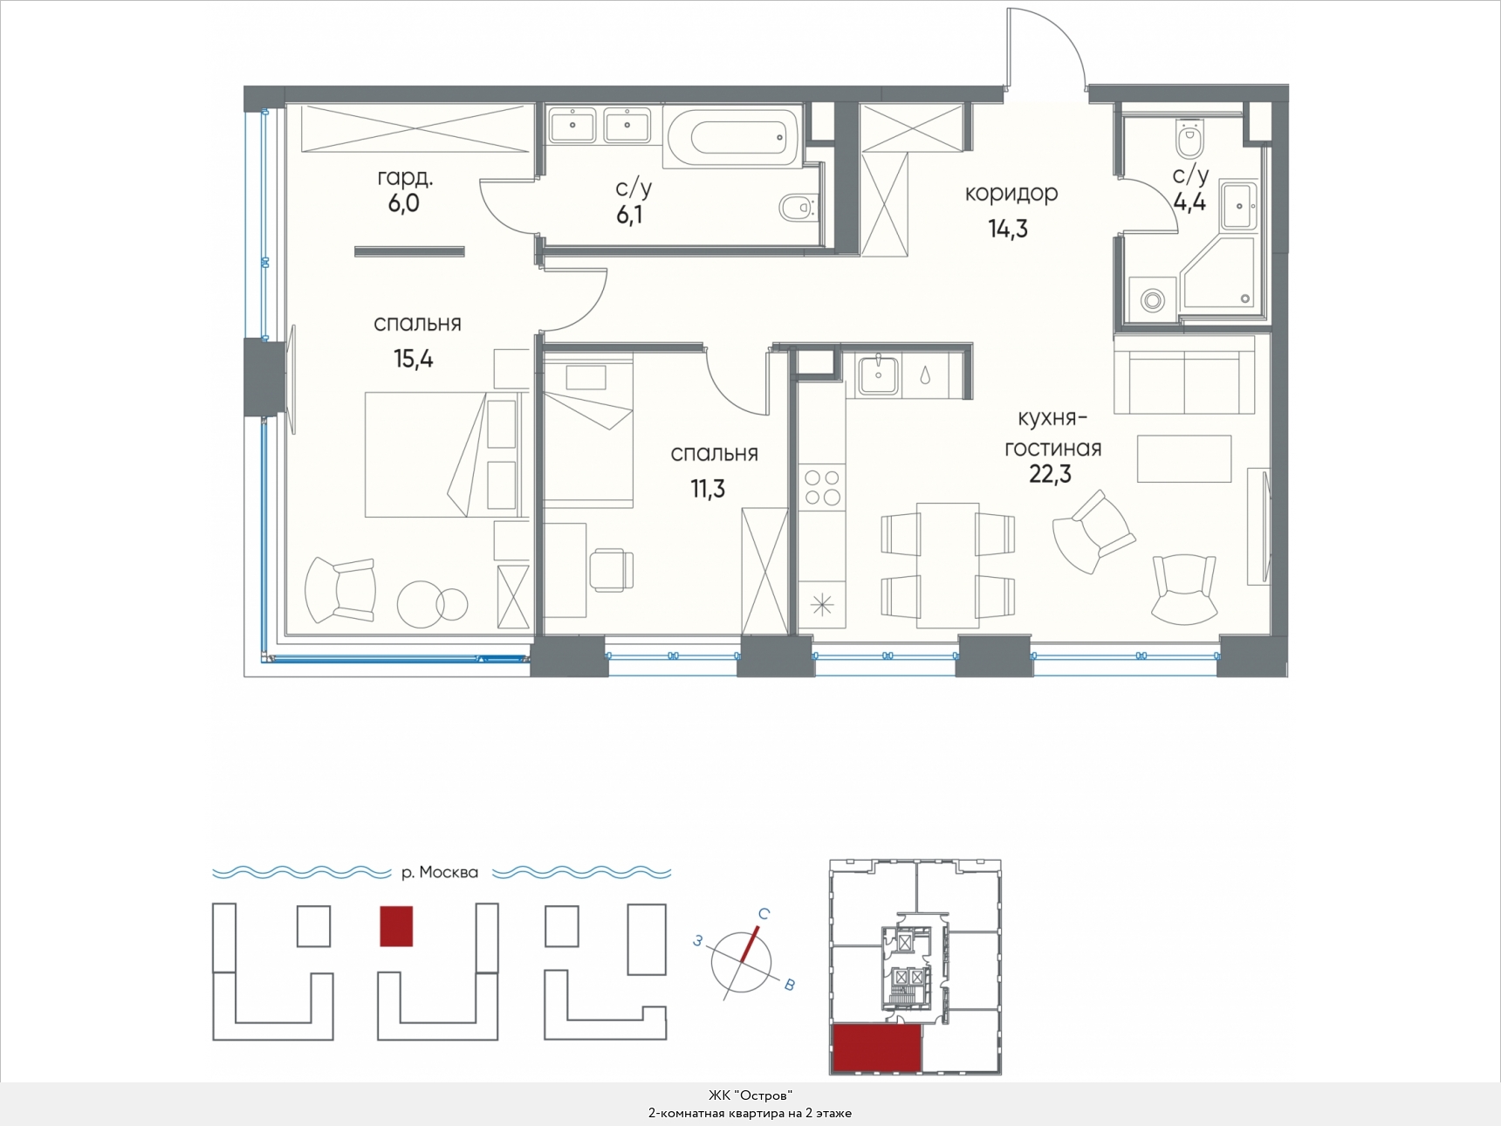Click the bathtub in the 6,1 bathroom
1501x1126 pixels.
[732, 137]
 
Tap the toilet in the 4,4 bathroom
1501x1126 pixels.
[1189, 134]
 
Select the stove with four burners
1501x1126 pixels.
[821, 488]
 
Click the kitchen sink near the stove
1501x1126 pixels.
[878, 375]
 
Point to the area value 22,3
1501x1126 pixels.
[1050, 475]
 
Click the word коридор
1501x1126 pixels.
[1011, 193]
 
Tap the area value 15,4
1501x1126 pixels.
[414, 359]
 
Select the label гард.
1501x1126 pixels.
[405, 177]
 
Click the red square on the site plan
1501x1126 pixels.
[396, 926]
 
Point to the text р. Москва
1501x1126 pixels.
[440, 872]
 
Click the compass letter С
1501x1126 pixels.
[764, 914]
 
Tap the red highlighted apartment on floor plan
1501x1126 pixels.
[877, 1048]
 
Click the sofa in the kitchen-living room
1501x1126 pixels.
[1184, 374]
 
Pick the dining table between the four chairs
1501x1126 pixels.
[948, 565]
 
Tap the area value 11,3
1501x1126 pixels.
[708, 489]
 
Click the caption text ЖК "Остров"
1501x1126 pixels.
[750, 1095]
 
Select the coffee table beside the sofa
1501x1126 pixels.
[1184, 458]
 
